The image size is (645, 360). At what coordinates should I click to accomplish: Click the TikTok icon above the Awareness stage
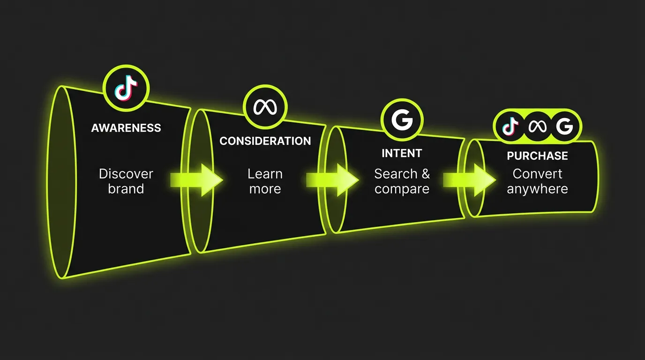pos(126,88)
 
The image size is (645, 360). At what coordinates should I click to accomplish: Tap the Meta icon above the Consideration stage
pos(265,107)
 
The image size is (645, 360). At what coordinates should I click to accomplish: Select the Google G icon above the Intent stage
pos(402,120)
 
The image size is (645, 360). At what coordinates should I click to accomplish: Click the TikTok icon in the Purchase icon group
pos(510,126)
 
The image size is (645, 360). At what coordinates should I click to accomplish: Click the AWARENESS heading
pos(126,128)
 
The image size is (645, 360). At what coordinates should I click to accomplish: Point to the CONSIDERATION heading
pos(265,141)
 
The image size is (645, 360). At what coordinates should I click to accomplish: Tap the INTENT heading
pos(402,153)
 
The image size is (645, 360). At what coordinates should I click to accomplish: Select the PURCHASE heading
pos(537,156)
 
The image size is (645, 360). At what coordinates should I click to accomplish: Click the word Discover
pos(126,174)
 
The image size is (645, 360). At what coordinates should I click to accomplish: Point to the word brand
pos(126,189)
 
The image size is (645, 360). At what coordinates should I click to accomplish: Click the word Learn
pos(265,174)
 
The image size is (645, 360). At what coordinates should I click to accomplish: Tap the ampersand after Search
pos(425,174)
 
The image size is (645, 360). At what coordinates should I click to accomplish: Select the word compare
pos(402,189)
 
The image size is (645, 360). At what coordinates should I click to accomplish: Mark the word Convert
pos(537,174)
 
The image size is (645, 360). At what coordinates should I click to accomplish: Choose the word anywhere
pos(537,189)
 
